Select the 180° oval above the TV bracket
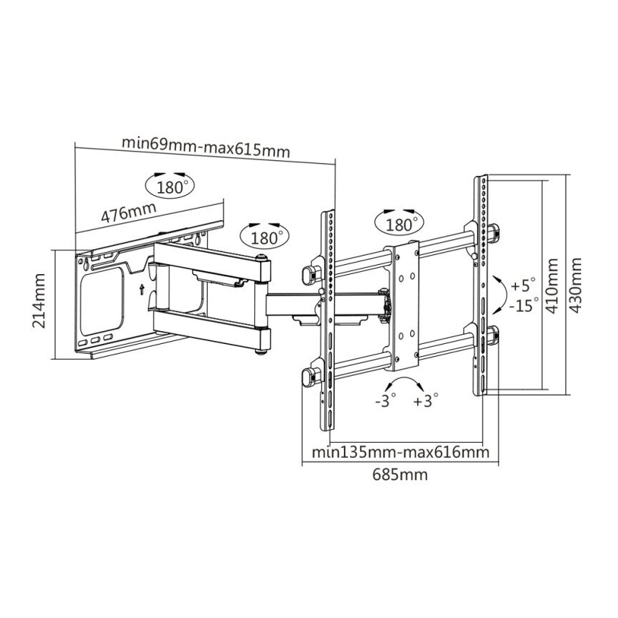click(x=400, y=224)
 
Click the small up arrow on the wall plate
click(x=142, y=288)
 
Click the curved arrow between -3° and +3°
click(x=405, y=382)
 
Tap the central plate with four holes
click(x=403, y=306)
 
